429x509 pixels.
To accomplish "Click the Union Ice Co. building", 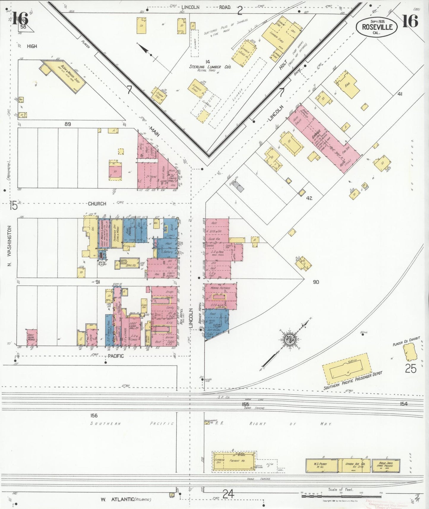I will coord(355,465).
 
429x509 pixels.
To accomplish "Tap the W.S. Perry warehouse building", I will coord(322,466).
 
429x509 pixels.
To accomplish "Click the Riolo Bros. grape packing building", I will coord(385,465).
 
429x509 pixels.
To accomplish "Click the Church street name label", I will coord(97,204).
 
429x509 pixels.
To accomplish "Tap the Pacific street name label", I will coord(116,356).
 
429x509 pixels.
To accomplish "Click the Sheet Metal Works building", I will coord(32,337).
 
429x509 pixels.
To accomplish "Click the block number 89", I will coord(68,124).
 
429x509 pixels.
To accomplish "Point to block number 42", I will coord(309,198).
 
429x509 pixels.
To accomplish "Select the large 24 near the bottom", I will coord(228,494).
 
